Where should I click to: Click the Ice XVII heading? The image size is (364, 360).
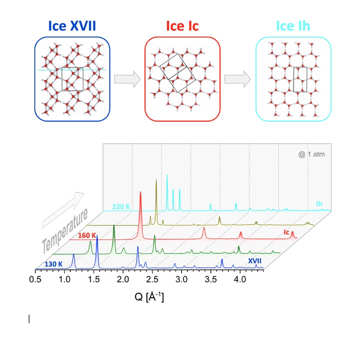click(72, 25)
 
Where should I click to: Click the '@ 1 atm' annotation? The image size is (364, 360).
click(311, 155)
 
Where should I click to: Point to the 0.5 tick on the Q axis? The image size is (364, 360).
click(35, 279)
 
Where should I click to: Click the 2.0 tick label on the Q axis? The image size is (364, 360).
click(123, 279)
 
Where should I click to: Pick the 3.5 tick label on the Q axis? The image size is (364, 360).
click(210, 279)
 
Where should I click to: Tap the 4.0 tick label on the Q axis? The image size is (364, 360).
click(240, 279)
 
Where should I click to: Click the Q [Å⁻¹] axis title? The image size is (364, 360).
click(149, 298)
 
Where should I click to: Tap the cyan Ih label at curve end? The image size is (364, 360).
click(319, 203)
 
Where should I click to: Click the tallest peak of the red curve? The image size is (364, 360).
click(140, 192)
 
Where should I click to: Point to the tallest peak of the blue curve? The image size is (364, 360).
click(97, 236)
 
